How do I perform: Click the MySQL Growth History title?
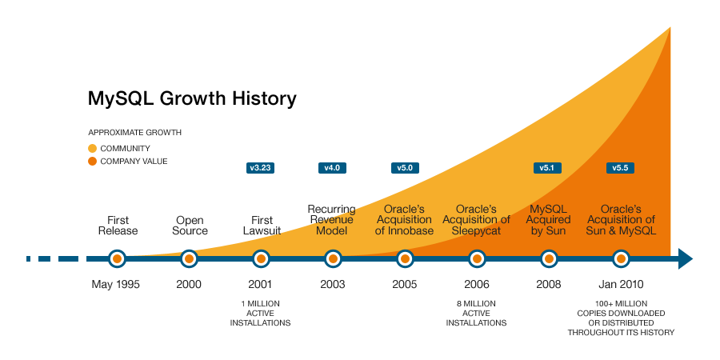pyautogui.click(x=192, y=99)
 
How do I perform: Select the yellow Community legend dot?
pyautogui.click(x=92, y=148)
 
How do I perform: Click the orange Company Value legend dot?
pyautogui.click(x=92, y=162)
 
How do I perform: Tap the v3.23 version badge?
pyautogui.click(x=261, y=168)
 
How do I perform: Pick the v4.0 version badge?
pyautogui.click(x=332, y=168)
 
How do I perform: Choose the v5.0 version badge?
pyautogui.click(x=404, y=168)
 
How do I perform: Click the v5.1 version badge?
pyautogui.click(x=547, y=168)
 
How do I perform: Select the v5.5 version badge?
pyautogui.click(x=620, y=168)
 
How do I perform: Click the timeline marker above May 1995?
pyautogui.click(x=118, y=258)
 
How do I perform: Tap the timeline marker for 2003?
pyautogui.click(x=333, y=258)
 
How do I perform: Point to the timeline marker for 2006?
pyautogui.click(x=477, y=258)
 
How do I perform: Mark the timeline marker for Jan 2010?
pyautogui.click(x=621, y=258)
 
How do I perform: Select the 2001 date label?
pyautogui.click(x=260, y=285)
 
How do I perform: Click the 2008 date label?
pyautogui.click(x=548, y=285)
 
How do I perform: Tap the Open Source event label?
pyautogui.click(x=190, y=226)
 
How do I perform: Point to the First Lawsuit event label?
pyautogui.click(x=261, y=226)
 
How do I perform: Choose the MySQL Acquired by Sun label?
pyautogui.click(x=549, y=220)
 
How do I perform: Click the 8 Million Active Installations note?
pyautogui.click(x=476, y=313)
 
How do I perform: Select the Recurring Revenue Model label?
pyautogui.click(x=331, y=220)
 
